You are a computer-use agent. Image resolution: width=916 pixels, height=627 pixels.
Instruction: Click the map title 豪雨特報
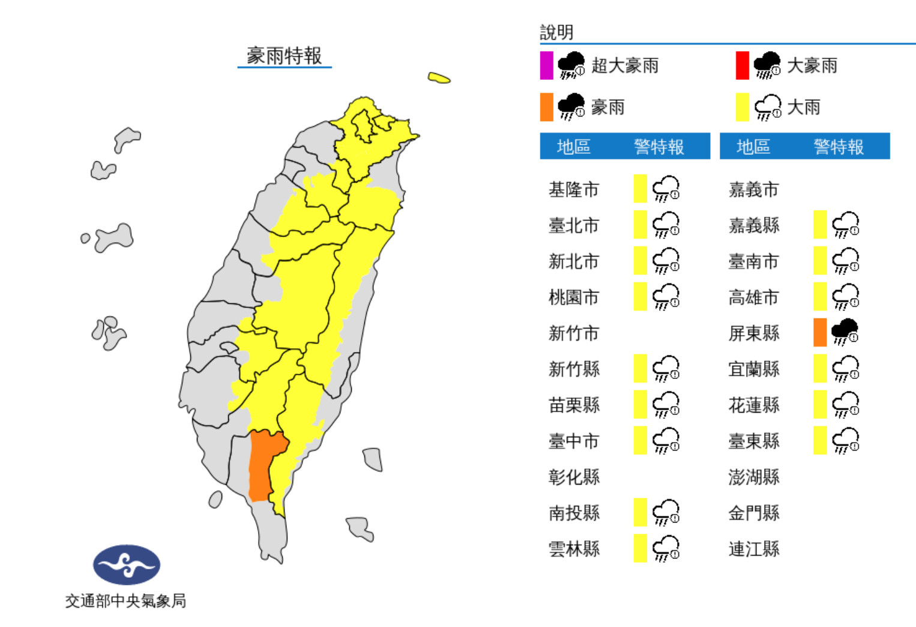pos(284,56)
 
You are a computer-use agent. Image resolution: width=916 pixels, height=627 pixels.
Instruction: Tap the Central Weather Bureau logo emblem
pos(127,565)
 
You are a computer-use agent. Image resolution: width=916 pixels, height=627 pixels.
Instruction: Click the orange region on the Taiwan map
pos(263,462)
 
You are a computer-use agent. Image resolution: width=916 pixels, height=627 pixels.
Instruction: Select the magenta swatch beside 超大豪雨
pos(546,65)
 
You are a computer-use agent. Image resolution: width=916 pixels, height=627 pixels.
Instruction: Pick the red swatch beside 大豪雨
pos(743,65)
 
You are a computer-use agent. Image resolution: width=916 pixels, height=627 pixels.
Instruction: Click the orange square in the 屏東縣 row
pos(820,333)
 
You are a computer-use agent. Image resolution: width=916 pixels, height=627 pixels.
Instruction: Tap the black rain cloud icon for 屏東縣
pos(845,332)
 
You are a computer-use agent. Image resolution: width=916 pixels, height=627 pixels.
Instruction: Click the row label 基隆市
pos(574,190)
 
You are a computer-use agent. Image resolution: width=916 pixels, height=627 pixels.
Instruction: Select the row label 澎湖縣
pos(754,477)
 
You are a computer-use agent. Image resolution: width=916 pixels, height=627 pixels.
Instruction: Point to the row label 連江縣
pos(754,548)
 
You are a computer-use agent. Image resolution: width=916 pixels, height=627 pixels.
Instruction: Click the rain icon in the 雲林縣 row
pos(666,548)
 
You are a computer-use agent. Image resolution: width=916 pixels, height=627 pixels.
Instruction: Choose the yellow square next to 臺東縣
pos(820,440)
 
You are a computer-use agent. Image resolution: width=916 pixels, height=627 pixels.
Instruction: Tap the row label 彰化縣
pos(574,477)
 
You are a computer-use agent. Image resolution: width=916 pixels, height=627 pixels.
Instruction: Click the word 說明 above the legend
pos(556,32)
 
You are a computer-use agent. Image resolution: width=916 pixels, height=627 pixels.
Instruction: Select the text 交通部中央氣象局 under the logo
pos(125,601)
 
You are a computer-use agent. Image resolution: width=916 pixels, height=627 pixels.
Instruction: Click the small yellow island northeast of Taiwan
pos(439,77)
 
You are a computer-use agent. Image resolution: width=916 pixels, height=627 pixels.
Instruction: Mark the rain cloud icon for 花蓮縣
pos(845,404)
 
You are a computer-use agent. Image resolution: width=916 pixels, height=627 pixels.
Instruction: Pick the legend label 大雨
pos(803,108)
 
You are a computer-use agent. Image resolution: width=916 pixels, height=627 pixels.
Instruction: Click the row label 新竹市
pos(574,333)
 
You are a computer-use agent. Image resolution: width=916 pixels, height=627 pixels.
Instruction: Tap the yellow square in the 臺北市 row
pos(640,225)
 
